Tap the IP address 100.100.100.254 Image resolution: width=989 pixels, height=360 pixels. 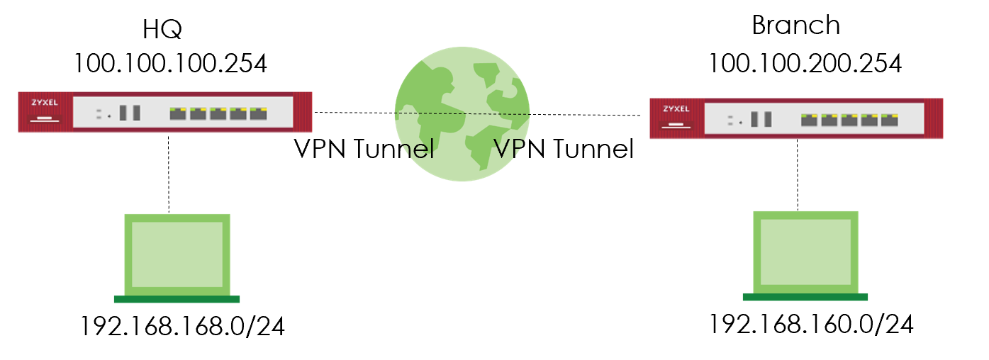(x=170, y=63)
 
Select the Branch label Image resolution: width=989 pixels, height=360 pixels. (x=795, y=26)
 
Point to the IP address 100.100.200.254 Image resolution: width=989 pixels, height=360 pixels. (x=805, y=63)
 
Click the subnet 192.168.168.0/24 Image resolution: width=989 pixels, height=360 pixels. (x=182, y=327)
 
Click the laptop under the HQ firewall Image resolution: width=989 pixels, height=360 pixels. (x=177, y=255)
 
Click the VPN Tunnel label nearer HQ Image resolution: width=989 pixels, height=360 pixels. (x=364, y=150)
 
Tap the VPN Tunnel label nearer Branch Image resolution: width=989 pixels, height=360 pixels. (x=563, y=150)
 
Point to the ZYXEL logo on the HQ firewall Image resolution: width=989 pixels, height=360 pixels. (x=44, y=102)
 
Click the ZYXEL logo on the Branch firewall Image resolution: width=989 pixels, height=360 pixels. (x=675, y=109)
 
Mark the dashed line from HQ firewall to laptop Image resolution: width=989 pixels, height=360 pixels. (x=169, y=173)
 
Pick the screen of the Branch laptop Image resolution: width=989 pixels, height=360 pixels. (x=806, y=252)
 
